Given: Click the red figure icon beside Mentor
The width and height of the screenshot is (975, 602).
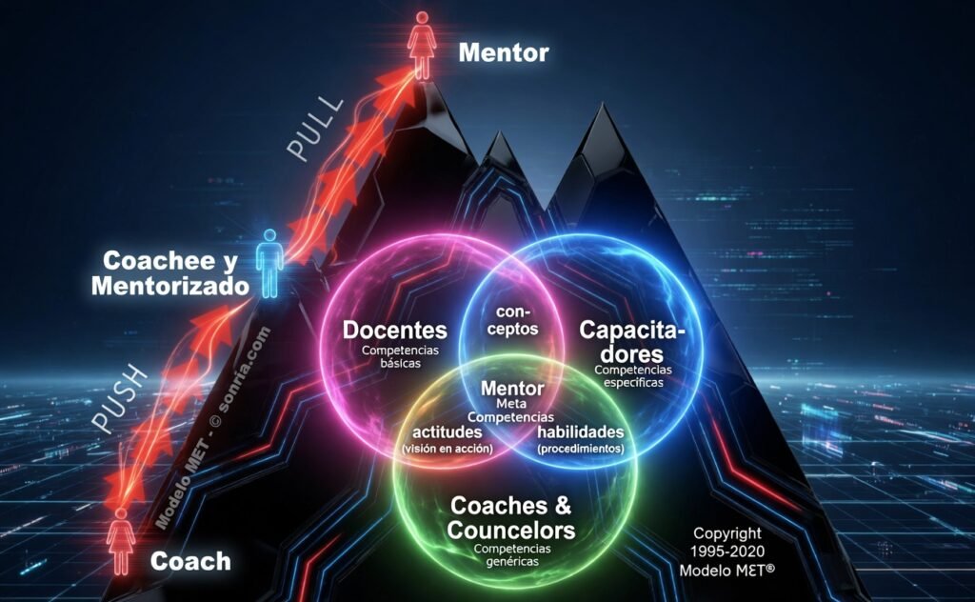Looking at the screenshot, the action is (x=422, y=46).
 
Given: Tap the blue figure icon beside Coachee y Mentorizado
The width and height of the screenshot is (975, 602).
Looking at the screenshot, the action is (x=269, y=263).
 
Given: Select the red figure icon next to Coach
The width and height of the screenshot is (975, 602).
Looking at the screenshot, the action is (x=121, y=540).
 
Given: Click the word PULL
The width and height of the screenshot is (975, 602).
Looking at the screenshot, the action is (x=315, y=130).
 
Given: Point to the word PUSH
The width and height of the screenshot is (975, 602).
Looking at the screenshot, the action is (x=120, y=400).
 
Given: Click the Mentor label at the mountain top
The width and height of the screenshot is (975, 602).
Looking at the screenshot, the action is (x=504, y=52).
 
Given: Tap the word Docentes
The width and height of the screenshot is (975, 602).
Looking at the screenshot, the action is (x=395, y=331).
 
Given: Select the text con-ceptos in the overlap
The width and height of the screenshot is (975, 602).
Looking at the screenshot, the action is (x=512, y=320).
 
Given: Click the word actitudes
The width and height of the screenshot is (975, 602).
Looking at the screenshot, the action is (x=448, y=431).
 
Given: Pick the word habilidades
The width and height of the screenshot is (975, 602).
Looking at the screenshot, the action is (x=581, y=431).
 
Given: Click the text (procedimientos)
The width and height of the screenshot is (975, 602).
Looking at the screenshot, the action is (x=581, y=449).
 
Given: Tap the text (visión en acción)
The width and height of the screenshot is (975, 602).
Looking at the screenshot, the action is (x=448, y=449).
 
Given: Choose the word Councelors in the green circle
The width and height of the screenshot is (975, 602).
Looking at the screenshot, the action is (x=511, y=531).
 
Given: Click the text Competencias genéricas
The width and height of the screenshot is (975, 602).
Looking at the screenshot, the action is (x=512, y=554).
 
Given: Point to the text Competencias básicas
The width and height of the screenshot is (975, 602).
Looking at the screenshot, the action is (x=401, y=356).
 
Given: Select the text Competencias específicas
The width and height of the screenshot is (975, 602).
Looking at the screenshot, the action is (x=633, y=376).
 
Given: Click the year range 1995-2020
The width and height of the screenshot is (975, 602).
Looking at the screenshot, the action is (x=727, y=552).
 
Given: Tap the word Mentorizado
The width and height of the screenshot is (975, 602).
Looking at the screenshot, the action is (x=170, y=286).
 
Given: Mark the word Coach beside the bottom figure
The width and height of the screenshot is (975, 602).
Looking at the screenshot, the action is (x=190, y=562).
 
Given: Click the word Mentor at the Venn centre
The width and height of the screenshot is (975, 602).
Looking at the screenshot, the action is (x=512, y=389).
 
